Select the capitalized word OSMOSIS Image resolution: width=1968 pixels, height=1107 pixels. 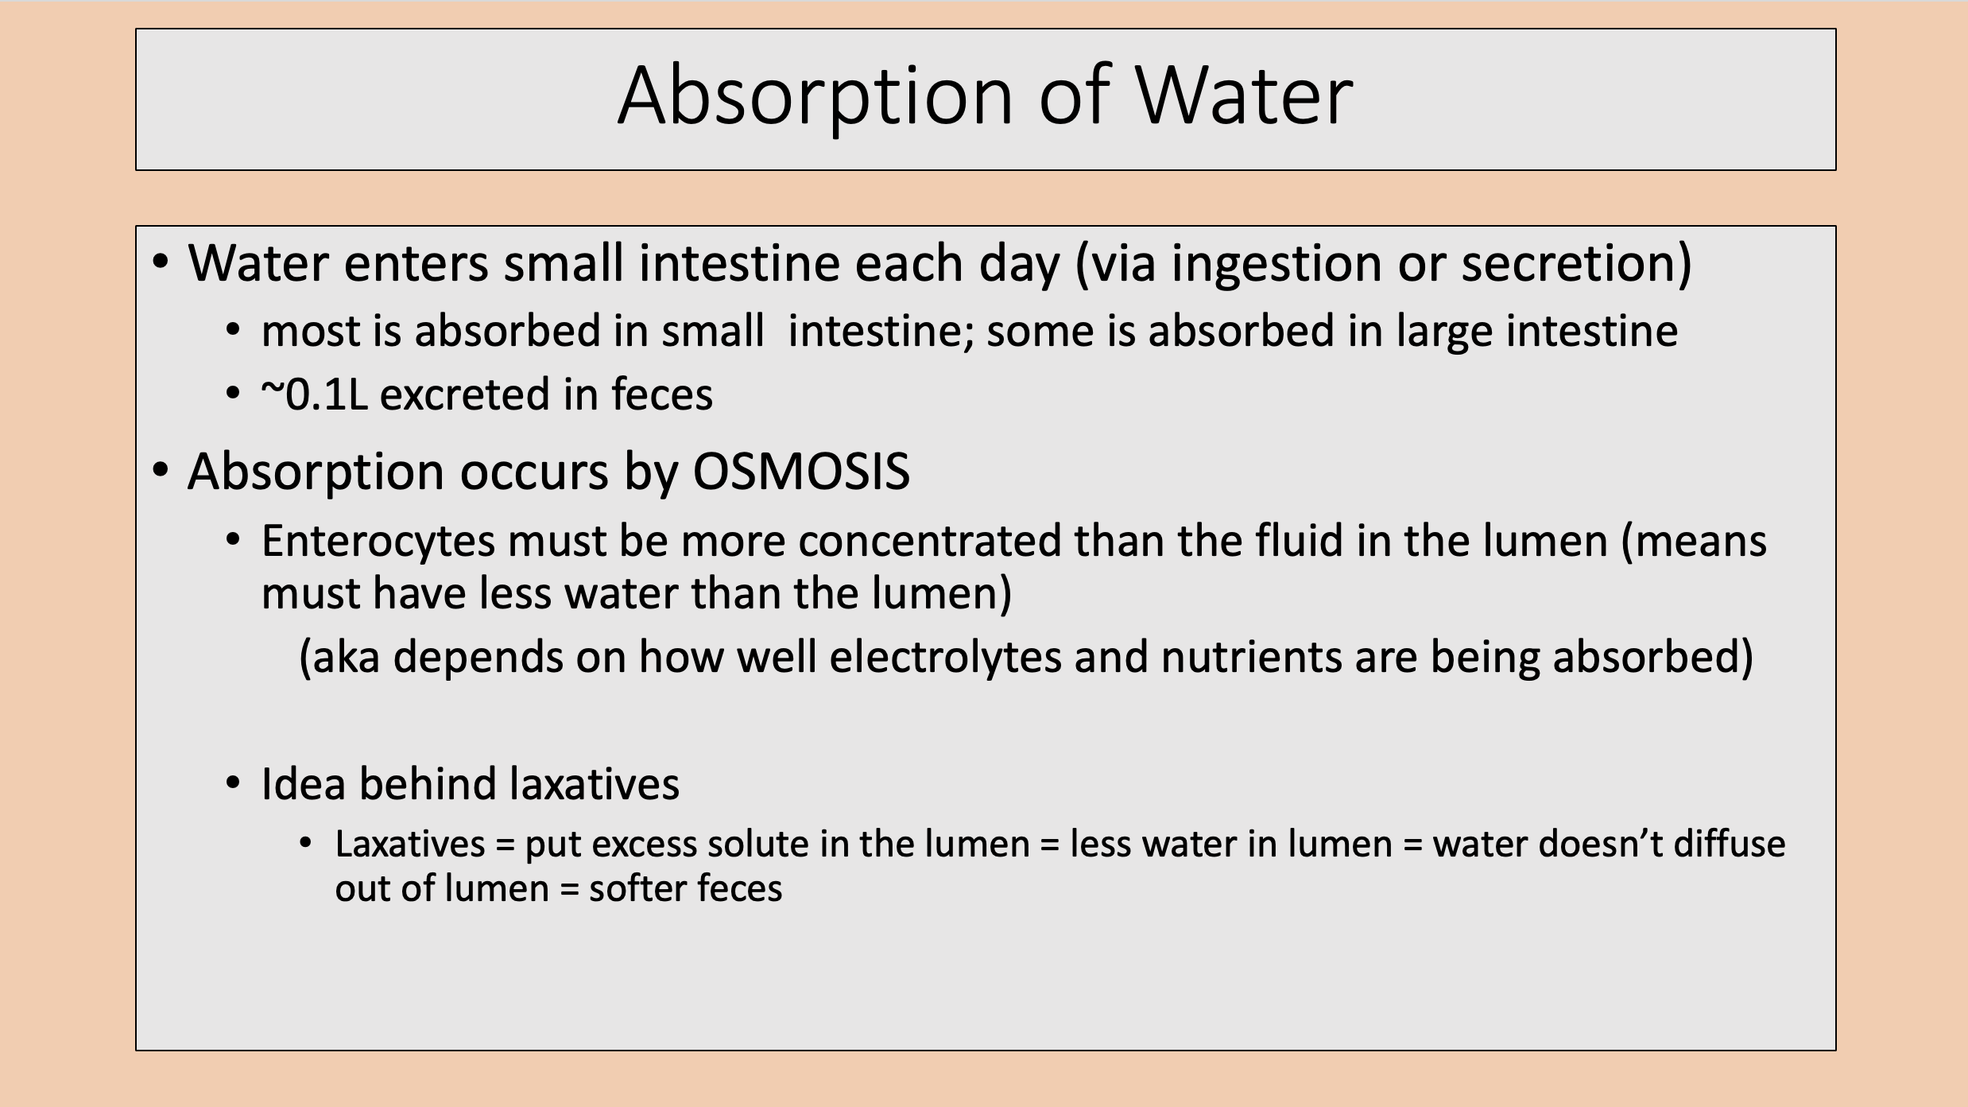[x=800, y=472]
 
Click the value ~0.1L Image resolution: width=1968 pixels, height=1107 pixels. [x=315, y=395]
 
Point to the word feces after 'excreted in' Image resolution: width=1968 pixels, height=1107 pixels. [x=661, y=395]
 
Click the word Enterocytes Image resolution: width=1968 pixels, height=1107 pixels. [x=378, y=542]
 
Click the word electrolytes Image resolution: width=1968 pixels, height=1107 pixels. [x=945, y=658]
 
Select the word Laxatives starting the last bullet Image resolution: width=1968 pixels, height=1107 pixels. [x=409, y=845]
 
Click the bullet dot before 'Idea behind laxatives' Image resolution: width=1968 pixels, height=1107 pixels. [x=233, y=784]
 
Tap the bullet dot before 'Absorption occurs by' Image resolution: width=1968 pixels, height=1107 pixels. [x=161, y=471]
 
